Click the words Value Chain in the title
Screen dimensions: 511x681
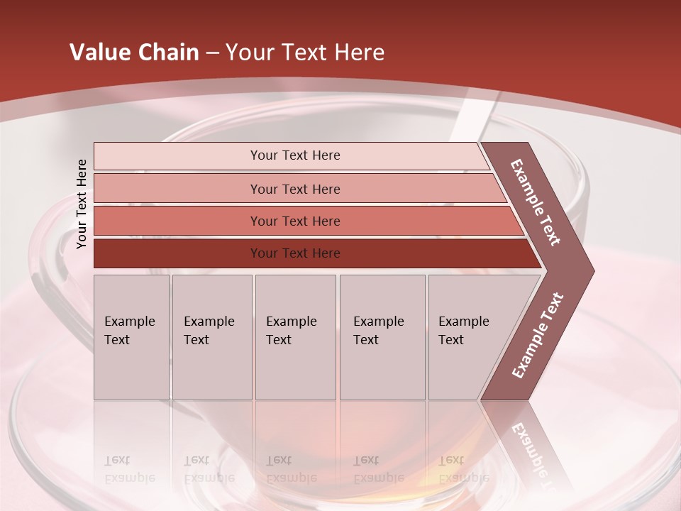click(x=134, y=53)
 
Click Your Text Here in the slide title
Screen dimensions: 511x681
click(x=305, y=53)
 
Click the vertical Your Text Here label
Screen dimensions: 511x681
click(x=82, y=204)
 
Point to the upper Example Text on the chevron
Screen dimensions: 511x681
click(x=536, y=202)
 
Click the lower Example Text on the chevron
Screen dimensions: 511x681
click(x=538, y=336)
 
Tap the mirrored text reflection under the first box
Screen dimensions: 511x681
click(x=129, y=469)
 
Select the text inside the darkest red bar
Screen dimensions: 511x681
click(x=295, y=253)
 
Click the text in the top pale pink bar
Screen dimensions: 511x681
click(x=295, y=155)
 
